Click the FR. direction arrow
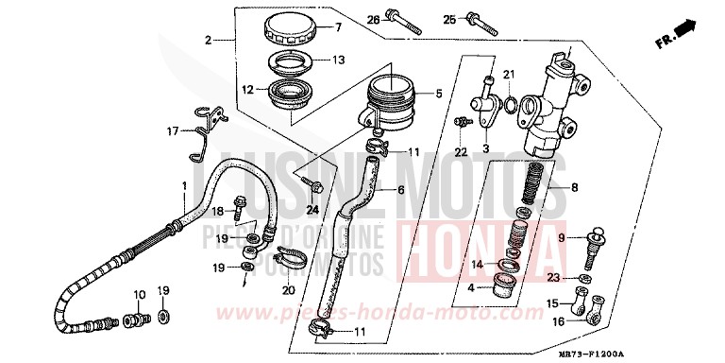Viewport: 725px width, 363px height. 673,37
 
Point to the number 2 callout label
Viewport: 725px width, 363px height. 207,41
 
